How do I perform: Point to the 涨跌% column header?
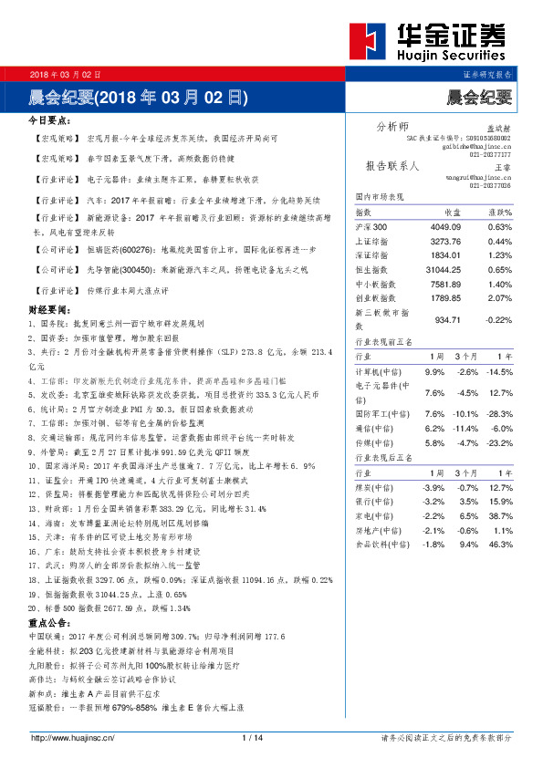click(498, 212)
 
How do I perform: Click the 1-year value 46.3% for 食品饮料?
click(501, 545)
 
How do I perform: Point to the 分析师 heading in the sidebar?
click(392, 125)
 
